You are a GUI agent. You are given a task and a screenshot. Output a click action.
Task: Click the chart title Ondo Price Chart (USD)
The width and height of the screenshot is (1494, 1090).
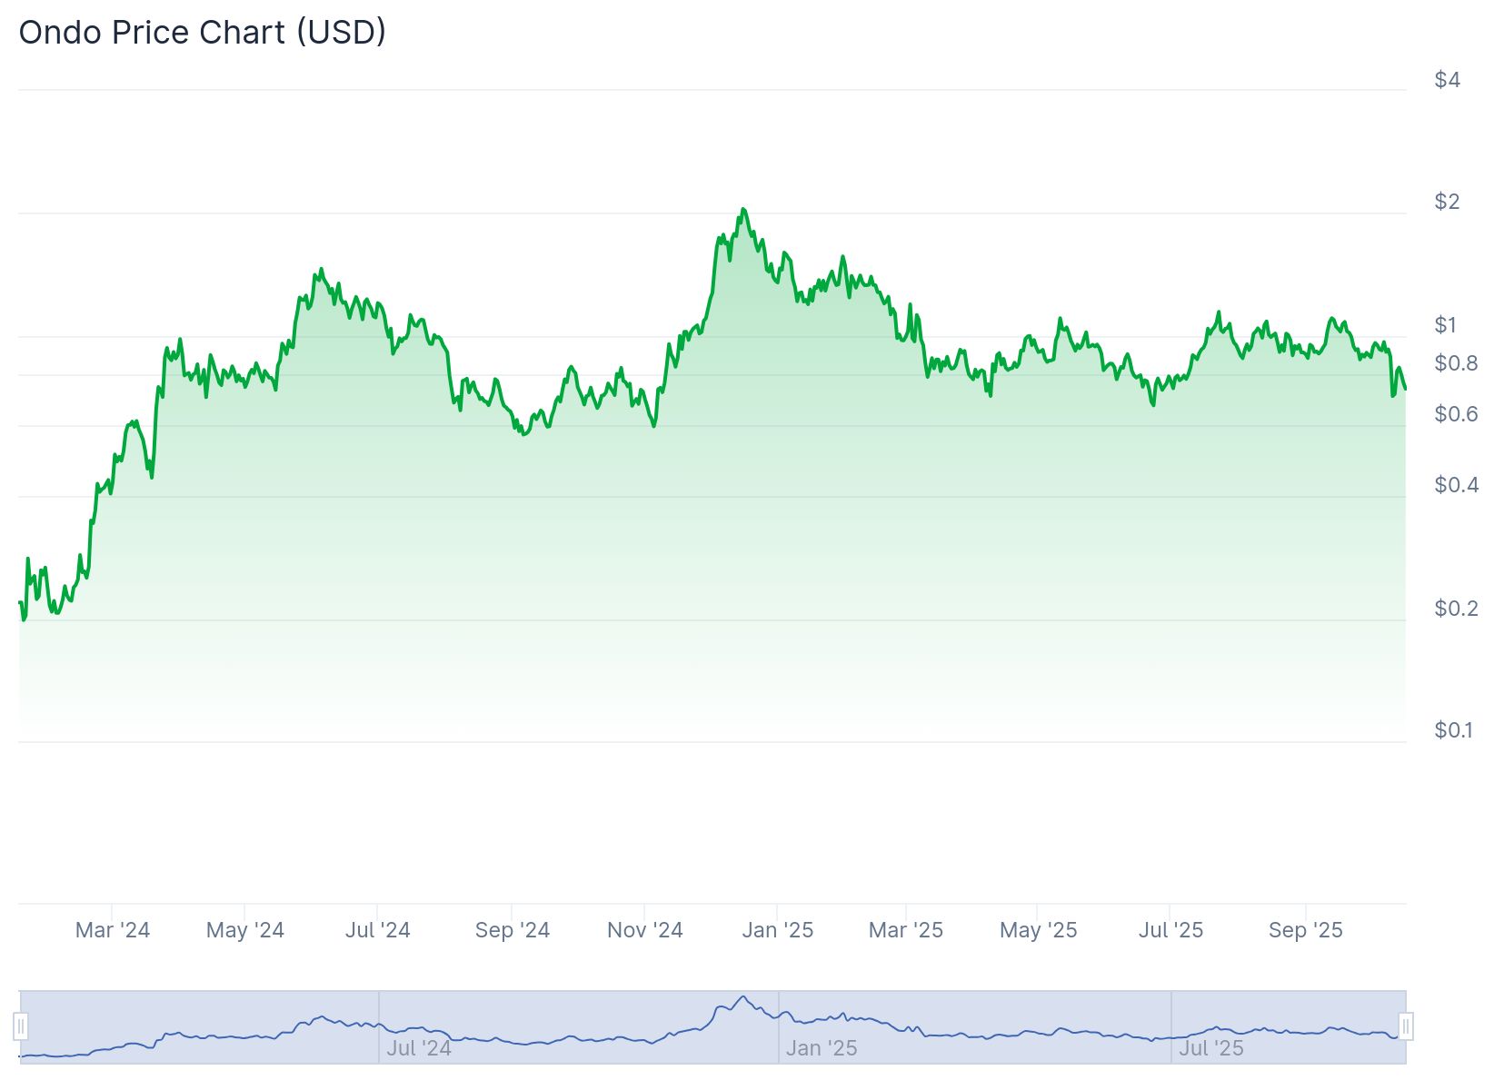pos(203,33)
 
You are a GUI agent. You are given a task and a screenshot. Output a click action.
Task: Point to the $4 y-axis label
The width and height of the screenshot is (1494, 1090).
pos(1447,80)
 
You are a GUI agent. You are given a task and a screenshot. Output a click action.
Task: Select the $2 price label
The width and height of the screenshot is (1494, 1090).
pos(1447,202)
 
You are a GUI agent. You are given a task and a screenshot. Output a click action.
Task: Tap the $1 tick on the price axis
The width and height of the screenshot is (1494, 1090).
pos(1445,325)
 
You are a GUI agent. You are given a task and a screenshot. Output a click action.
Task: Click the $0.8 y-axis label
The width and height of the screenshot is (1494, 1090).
pos(1456,363)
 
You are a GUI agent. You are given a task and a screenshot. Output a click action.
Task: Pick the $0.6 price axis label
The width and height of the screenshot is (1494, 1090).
pos(1456,414)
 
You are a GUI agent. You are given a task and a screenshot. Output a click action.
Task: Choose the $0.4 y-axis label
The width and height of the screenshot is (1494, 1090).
pos(1456,485)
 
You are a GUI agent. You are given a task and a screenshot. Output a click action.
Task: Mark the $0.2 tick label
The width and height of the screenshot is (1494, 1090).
pos(1456,608)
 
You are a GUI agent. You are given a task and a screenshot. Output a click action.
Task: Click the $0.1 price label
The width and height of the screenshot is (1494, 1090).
pos(1453,730)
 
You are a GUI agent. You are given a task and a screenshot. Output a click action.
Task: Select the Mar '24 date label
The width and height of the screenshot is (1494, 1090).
pos(113,930)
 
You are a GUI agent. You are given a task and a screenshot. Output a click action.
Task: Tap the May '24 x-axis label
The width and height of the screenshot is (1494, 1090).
pos(245,930)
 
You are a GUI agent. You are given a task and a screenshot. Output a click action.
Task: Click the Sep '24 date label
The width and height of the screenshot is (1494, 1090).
pos(513,930)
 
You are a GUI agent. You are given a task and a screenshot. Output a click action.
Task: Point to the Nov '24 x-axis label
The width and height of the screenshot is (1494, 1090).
pos(645,930)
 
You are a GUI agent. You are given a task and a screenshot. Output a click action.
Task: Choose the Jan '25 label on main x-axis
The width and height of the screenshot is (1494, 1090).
pos(778,930)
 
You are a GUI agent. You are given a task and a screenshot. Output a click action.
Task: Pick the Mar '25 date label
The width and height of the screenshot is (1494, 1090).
pos(906,930)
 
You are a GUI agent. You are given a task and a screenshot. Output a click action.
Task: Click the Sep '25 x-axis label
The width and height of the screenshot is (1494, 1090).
pos(1306,930)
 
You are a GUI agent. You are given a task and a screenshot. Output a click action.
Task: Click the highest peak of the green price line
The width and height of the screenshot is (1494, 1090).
pos(742,210)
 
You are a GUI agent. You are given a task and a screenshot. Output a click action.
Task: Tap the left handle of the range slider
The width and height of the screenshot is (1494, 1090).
pos(21,1027)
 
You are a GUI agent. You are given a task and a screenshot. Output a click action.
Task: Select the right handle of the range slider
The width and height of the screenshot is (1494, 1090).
pos(1406,1027)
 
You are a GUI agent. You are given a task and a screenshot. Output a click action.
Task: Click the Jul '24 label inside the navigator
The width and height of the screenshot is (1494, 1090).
pos(419,1048)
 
